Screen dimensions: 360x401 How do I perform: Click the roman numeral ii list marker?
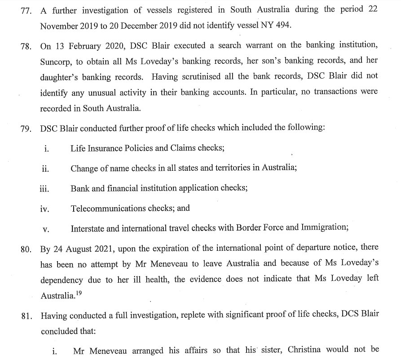45,169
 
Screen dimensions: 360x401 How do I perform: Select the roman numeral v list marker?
45,229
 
